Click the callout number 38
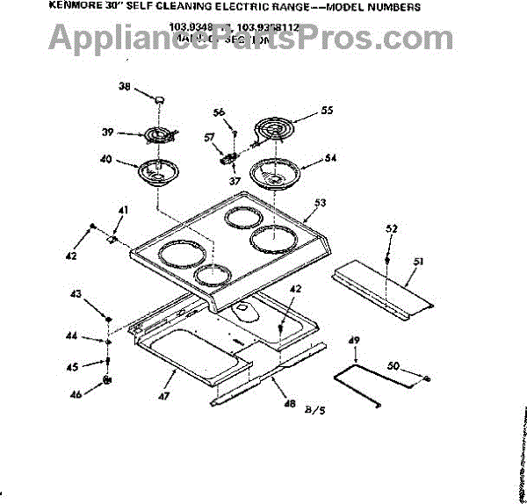tap(125, 87)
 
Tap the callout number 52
tap(391, 228)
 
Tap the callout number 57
tap(209, 138)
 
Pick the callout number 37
tap(235, 182)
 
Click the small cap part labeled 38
tap(159, 101)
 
